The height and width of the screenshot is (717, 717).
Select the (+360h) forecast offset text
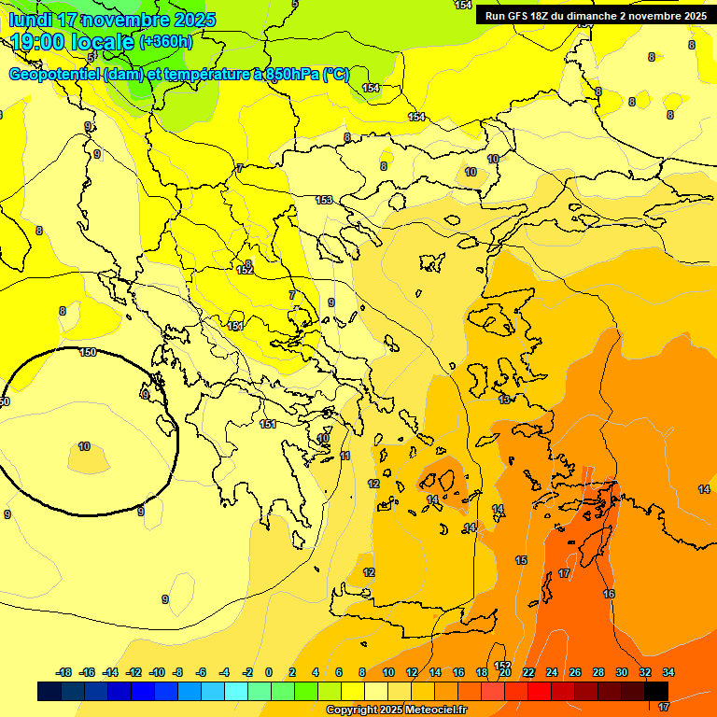(x=166, y=42)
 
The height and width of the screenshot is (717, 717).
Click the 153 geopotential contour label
(x=324, y=200)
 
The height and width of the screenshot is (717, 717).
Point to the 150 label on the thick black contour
(x=88, y=352)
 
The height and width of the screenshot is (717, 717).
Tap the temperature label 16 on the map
(x=609, y=594)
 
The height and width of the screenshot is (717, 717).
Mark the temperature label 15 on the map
(x=521, y=560)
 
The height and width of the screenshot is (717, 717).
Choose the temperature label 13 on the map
(x=504, y=400)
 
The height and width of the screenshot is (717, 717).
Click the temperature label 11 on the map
(x=344, y=456)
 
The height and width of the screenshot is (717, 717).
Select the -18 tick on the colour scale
(x=64, y=672)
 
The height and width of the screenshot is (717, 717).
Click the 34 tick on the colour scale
(x=668, y=672)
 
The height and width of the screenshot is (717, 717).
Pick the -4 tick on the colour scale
(x=225, y=672)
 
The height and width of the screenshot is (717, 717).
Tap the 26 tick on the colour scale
(x=575, y=672)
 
